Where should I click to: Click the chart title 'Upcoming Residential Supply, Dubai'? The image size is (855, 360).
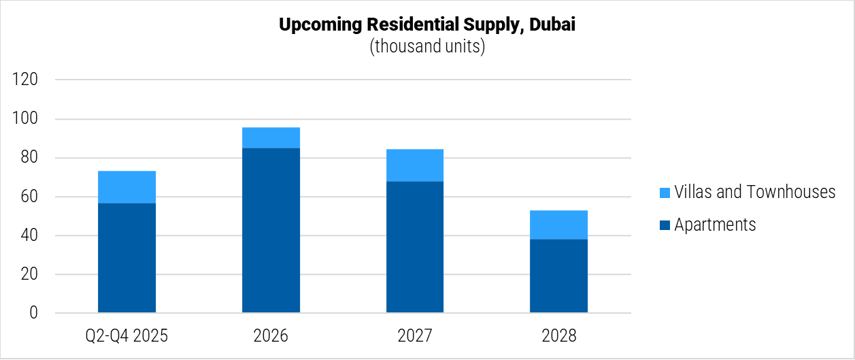(427, 26)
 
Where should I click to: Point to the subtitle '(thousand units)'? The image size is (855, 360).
(427, 47)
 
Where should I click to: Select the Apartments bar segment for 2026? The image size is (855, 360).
(271, 231)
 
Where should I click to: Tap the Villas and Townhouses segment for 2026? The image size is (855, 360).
(271, 137)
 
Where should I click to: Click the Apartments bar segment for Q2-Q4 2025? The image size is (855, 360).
(127, 258)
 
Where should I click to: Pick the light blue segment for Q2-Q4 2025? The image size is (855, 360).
(127, 187)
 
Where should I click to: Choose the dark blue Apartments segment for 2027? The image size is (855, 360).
(415, 247)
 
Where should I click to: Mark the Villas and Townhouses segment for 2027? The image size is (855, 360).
(415, 165)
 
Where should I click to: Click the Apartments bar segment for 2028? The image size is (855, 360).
(558, 276)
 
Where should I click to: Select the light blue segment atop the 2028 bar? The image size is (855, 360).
(558, 225)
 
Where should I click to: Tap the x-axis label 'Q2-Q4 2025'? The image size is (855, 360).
(127, 336)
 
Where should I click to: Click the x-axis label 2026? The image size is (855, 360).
(271, 336)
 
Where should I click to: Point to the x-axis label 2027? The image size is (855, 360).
(415, 336)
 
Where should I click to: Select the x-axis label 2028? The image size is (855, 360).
(558, 336)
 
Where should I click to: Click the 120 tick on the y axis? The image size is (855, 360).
(27, 80)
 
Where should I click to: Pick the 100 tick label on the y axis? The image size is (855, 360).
(27, 119)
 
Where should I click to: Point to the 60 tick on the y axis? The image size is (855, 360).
(30, 197)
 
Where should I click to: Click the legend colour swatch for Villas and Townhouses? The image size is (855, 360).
(665, 193)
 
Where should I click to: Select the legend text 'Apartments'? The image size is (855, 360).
(715, 225)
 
